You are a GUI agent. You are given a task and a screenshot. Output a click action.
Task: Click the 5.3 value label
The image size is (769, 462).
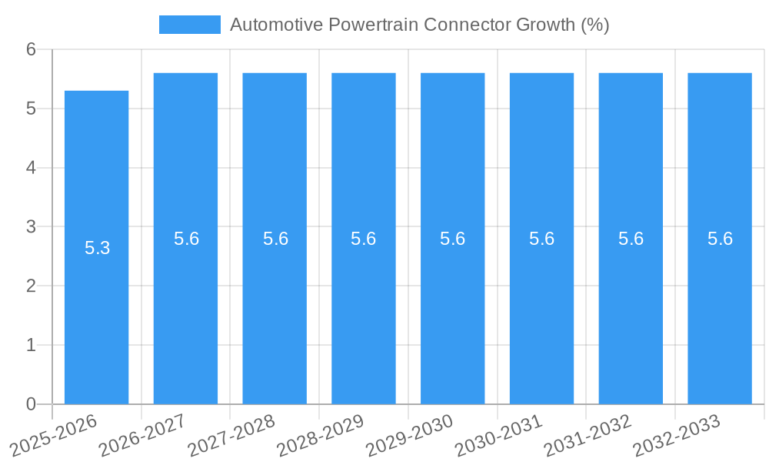pos(98,248)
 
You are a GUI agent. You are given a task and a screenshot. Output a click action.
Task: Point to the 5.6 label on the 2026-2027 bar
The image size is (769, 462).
pos(186,239)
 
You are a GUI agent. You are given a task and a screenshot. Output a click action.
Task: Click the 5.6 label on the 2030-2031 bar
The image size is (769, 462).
pos(541,239)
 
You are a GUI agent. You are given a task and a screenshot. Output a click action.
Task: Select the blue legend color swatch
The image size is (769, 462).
pos(189,25)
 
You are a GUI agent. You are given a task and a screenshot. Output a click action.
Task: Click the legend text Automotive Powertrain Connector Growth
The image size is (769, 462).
pos(419,25)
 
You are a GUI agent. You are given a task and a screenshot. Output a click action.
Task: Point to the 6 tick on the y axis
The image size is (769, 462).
pos(31,49)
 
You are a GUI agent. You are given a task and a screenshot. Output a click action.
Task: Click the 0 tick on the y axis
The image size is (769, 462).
pos(31,404)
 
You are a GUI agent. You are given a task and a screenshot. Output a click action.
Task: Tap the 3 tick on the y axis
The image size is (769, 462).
pos(31,226)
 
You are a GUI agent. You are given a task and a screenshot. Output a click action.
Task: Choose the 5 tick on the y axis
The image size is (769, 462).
pos(31,109)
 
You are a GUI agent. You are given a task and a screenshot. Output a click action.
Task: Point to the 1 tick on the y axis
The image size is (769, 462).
pos(31,345)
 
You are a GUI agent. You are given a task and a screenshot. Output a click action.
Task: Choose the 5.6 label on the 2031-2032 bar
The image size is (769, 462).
pos(631,239)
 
